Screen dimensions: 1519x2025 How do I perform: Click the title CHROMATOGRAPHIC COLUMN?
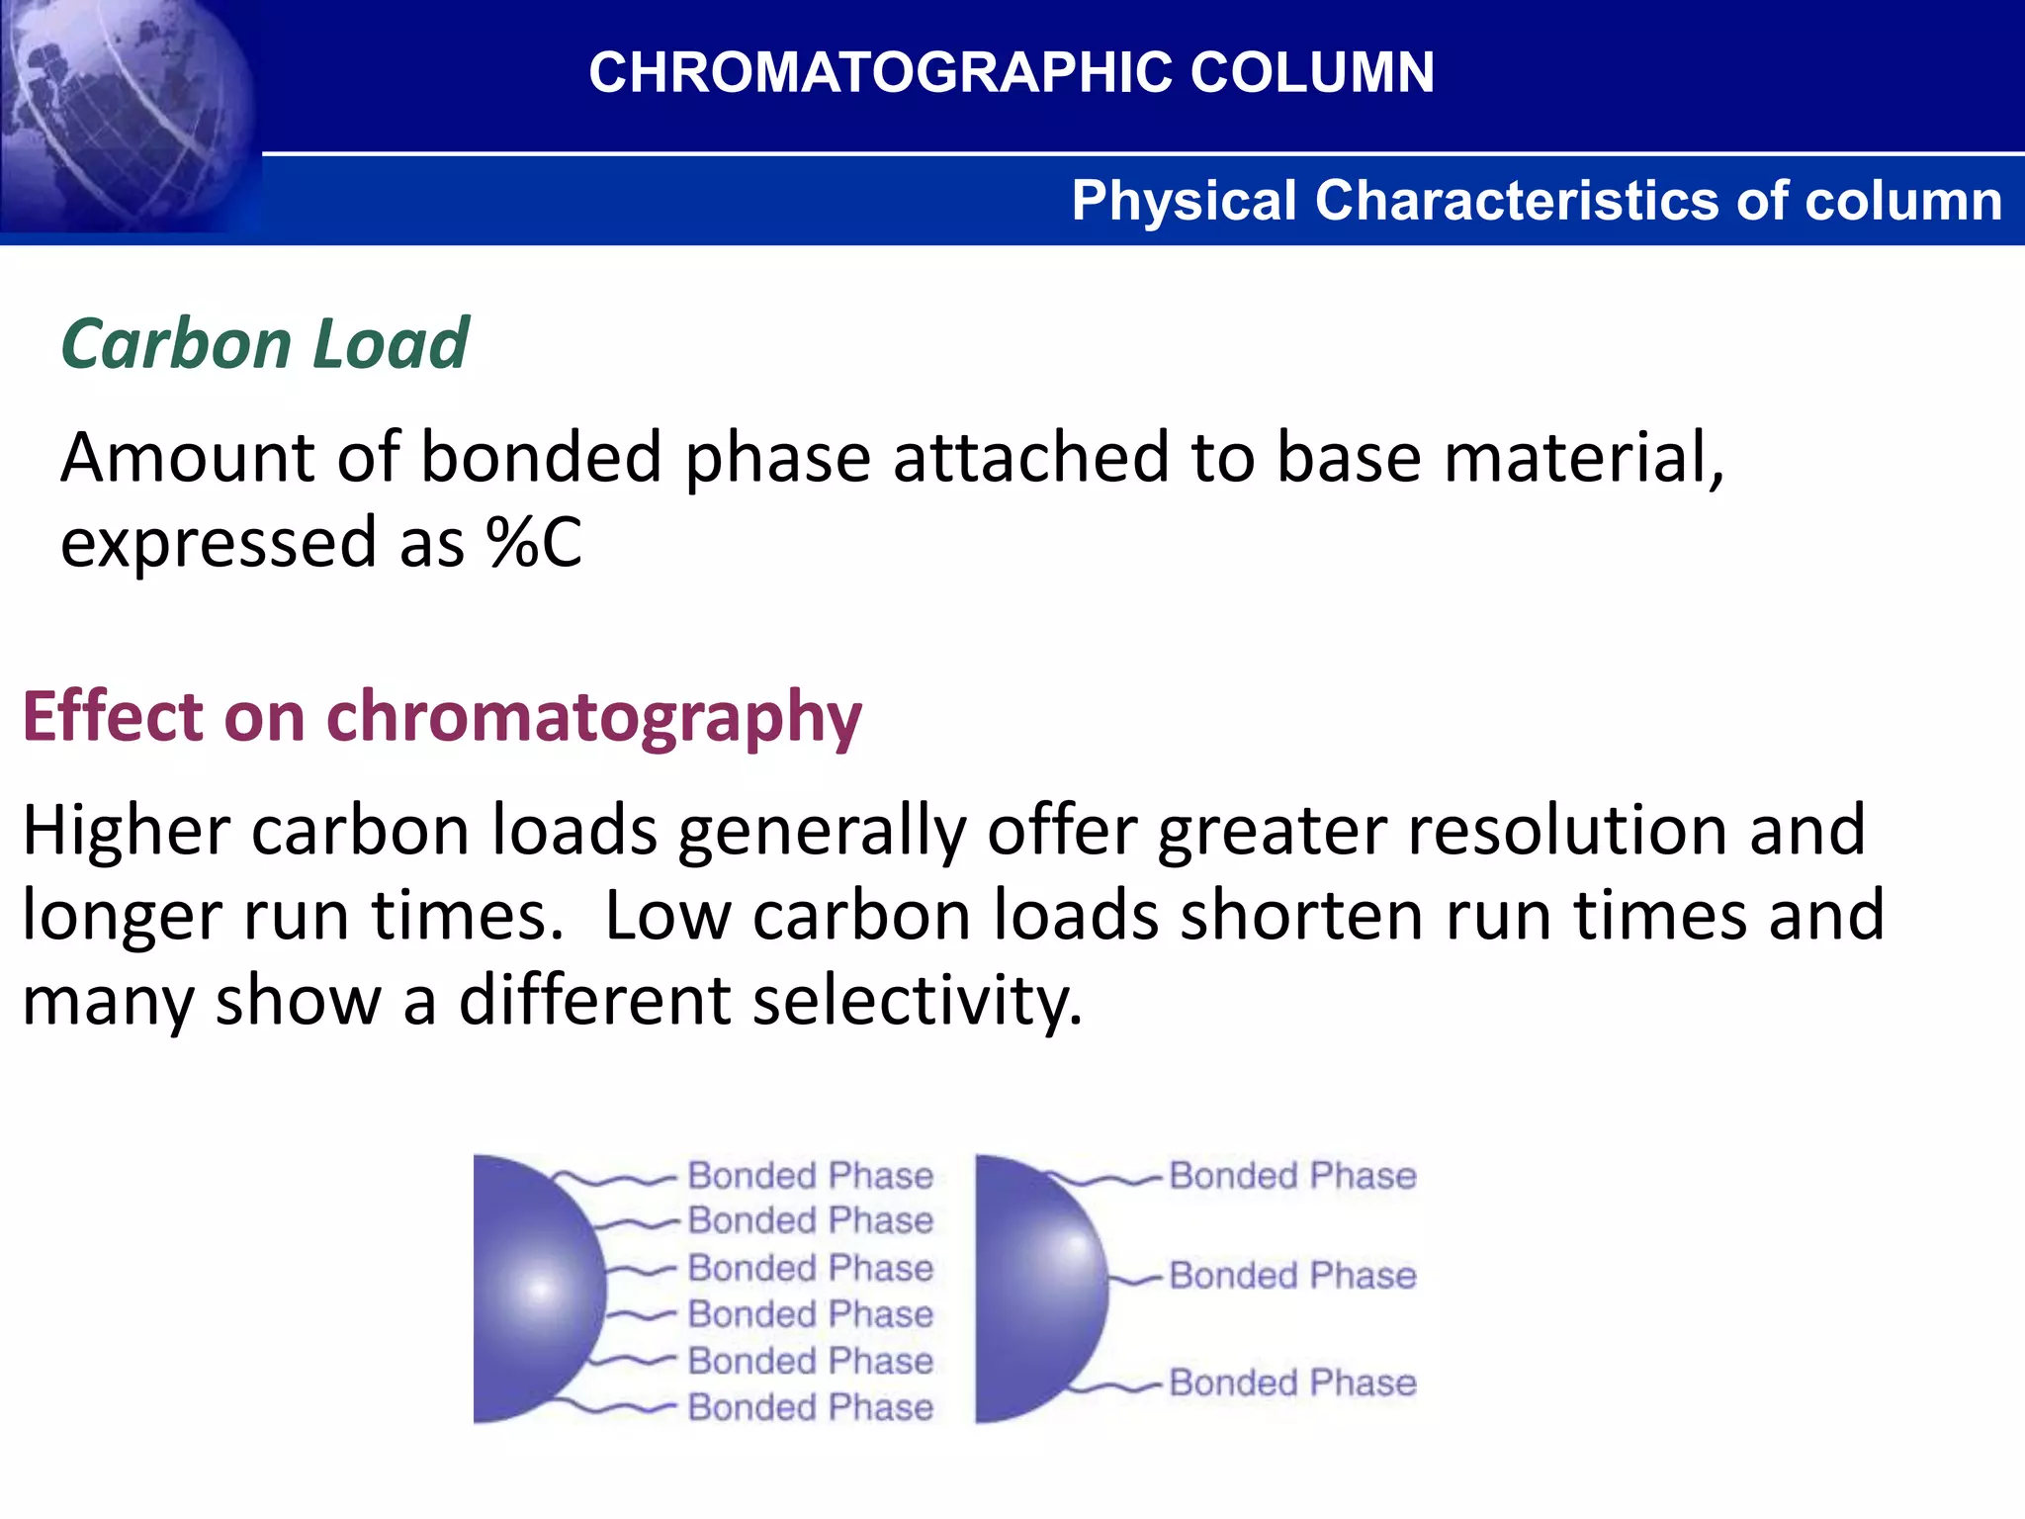[1011, 73]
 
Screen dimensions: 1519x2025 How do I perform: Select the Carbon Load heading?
[265, 344]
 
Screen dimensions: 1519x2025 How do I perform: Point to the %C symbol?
[534, 543]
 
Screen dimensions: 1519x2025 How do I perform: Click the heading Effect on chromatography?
[442, 716]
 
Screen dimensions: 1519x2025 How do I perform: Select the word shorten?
[1301, 915]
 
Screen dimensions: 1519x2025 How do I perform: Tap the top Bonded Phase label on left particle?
[810, 1176]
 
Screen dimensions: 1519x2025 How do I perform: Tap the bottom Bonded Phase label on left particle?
[810, 1407]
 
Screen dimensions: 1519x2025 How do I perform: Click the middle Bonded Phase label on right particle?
[1292, 1276]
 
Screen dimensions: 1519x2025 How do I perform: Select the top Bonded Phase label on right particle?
[1292, 1176]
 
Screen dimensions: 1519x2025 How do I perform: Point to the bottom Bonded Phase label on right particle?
[1292, 1383]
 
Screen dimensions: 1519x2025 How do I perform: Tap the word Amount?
[187, 458]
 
